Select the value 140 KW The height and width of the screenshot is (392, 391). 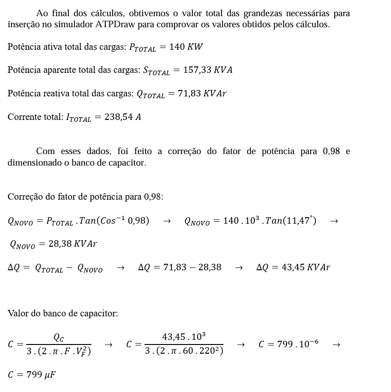(186, 47)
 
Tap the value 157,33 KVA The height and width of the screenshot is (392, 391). (208, 70)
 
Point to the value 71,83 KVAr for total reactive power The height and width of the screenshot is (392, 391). (202, 94)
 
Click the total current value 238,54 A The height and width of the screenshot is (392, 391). (123, 117)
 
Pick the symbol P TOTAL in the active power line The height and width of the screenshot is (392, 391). (142, 48)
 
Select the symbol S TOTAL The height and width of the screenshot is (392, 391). (156, 71)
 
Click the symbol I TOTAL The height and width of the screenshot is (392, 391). (78, 118)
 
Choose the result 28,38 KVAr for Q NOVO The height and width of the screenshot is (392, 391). (72, 244)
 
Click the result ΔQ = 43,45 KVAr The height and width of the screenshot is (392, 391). (293, 267)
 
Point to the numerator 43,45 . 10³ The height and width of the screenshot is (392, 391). (184, 337)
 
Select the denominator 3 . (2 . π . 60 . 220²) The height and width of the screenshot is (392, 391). (184, 351)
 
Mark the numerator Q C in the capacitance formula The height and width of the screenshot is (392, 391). (59, 338)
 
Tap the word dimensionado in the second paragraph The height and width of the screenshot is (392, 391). (33, 163)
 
